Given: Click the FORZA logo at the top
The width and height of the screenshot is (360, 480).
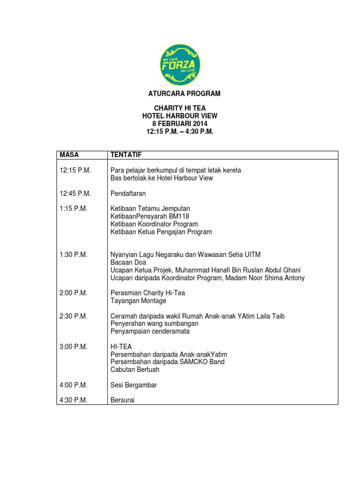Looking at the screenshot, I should point(180,64).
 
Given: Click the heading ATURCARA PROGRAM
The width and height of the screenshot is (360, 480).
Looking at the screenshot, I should point(180,94).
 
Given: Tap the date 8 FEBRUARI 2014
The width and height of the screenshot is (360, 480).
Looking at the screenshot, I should point(180,124).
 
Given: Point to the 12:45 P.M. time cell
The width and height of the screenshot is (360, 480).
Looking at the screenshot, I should point(75,193).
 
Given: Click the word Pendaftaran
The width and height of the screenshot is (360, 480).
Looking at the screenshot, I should point(128,193).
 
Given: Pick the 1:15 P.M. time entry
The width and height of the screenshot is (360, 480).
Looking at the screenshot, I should point(74,209).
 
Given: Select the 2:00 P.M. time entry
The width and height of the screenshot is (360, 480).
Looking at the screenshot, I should point(74,293).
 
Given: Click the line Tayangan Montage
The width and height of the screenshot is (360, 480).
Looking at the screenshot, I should point(138,301).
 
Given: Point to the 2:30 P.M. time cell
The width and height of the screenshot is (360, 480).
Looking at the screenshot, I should point(74,316).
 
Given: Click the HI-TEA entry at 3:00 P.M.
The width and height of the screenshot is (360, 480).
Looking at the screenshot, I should point(121,347).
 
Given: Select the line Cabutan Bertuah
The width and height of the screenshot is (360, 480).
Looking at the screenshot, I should point(135,369).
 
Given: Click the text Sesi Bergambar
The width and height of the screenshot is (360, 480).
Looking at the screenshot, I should point(134,385).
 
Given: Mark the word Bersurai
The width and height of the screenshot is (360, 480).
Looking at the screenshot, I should point(123,400).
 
